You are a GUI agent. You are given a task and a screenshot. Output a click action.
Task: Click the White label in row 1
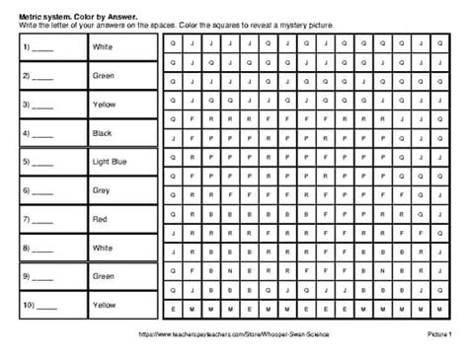[101, 46]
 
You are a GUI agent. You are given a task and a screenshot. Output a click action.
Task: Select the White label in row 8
[101, 248]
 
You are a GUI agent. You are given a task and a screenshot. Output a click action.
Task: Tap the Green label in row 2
[102, 75]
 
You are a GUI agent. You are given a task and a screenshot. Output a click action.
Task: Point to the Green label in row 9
[102, 276]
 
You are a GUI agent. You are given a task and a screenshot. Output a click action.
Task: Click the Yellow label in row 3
[102, 104]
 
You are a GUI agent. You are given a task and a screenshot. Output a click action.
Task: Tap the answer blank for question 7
[43, 220]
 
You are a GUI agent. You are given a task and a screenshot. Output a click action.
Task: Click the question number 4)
[24, 132]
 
